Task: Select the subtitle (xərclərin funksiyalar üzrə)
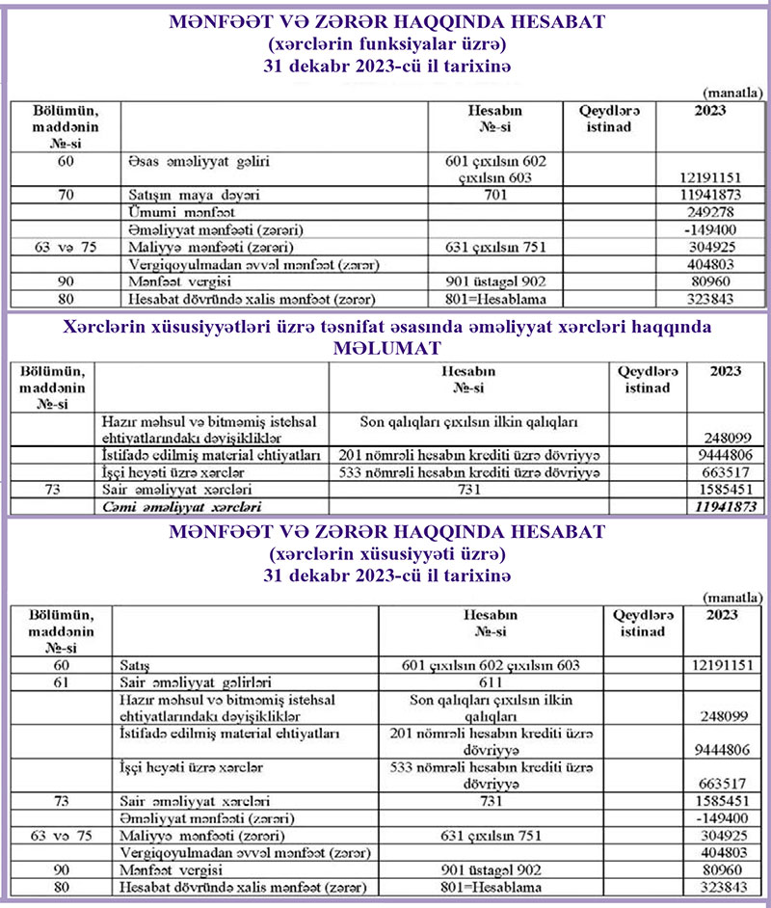[x=385, y=44]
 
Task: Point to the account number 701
[x=494, y=195]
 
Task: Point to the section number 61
[x=61, y=682]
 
